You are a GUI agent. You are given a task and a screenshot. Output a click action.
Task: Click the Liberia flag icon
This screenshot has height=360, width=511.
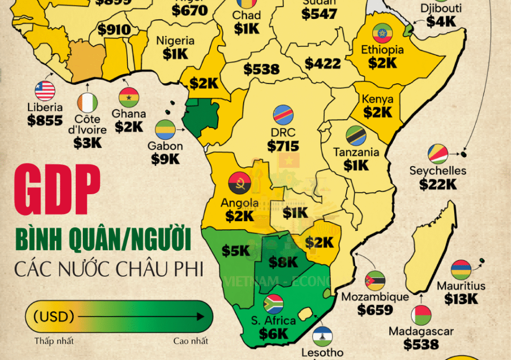[x=45, y=91]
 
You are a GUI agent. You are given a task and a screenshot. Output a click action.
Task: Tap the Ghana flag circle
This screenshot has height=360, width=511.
[x=128, y=98]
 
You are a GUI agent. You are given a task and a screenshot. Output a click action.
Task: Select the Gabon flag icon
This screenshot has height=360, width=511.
[x=165, y=130]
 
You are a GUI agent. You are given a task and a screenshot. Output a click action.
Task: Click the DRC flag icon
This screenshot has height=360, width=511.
[x=283, y=115]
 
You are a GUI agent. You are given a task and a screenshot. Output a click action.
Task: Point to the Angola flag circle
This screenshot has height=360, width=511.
[x=238, y=184]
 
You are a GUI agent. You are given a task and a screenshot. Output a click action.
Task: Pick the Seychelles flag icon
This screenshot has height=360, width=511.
[x=438, y=154]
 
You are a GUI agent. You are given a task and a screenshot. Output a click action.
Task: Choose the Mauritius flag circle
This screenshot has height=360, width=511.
[x=461, y=270]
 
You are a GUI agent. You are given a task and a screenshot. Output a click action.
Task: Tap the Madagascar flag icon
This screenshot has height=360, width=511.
[x=421, y=316]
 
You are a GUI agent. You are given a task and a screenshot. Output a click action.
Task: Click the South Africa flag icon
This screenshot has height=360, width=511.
[x=273, y=304]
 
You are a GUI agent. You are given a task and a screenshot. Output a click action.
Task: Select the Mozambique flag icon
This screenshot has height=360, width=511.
[x=375, y=281]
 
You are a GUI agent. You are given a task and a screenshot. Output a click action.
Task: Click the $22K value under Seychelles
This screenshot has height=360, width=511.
[x=438, y=184]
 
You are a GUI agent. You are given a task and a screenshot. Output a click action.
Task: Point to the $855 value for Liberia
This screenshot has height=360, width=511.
[x=45, y=120]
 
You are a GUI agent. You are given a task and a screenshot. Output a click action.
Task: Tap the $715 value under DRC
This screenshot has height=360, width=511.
[x=283, y=146]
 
